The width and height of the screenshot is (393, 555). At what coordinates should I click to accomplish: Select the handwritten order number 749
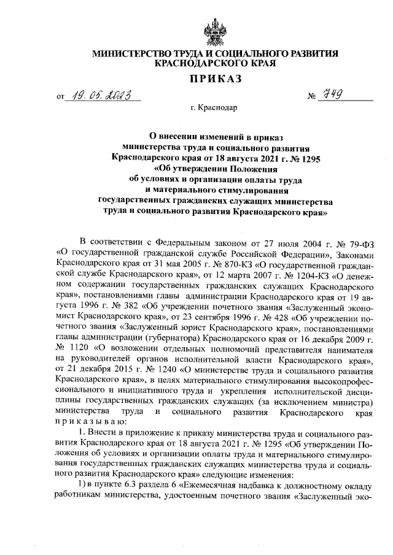(x=332, y=94)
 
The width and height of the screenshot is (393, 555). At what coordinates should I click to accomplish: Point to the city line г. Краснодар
(x=214, y=109)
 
